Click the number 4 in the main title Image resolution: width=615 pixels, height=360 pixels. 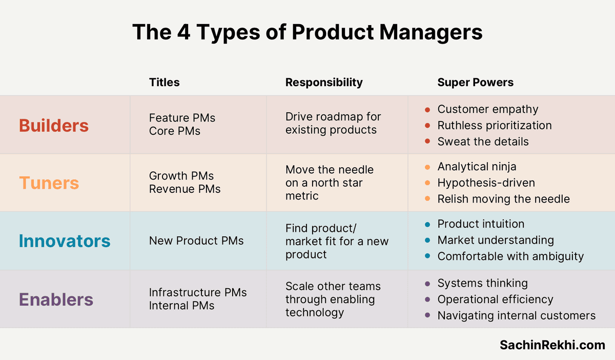[x=183, y=32]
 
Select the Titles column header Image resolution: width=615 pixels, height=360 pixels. [x=164, y=82]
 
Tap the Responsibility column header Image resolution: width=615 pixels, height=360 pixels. [x=324, y=83]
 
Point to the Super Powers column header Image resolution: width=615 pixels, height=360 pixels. [x=475, y=82]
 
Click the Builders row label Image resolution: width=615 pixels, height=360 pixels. [x=54, y=126]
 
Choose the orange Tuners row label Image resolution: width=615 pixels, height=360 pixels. [x=49, y=183]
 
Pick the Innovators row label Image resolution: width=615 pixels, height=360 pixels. [x=65, y=241]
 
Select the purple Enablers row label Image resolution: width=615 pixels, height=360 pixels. [x=56, y=299]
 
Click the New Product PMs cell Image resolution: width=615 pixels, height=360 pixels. [x=196, y=241]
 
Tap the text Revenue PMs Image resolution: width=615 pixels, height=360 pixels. [x=185, y=189]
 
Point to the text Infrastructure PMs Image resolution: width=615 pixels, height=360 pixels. [x=198, y=292]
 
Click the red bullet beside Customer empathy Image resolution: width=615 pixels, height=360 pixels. [x=427, y=110]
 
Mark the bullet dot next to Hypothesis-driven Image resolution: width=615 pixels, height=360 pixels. [x=427, y=183]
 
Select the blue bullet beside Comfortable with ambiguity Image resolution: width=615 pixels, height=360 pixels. [x=427, y=256]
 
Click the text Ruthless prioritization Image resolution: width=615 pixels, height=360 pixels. [x=495, y=126]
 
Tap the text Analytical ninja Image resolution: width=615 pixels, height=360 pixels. [x=477, y=167]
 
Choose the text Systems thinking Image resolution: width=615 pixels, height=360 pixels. [x=483, y=283]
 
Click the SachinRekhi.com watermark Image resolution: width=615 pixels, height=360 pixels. [x=552, y=345]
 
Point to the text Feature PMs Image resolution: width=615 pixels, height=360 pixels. [x=182, y=118]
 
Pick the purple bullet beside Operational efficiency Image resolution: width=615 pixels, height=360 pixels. [x=427, y=299]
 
